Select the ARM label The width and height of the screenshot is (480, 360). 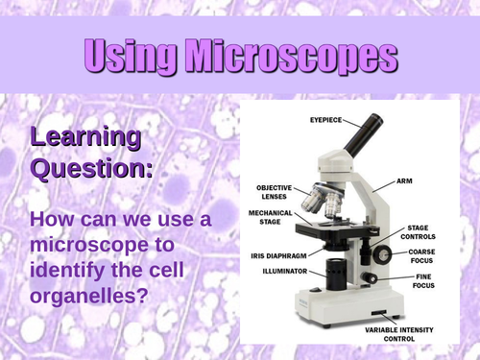pos(408,180)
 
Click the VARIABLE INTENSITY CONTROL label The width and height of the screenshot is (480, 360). pos(384,335)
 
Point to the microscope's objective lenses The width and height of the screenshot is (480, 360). pos(321,201)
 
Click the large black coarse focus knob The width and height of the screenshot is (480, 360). pos(382,255)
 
